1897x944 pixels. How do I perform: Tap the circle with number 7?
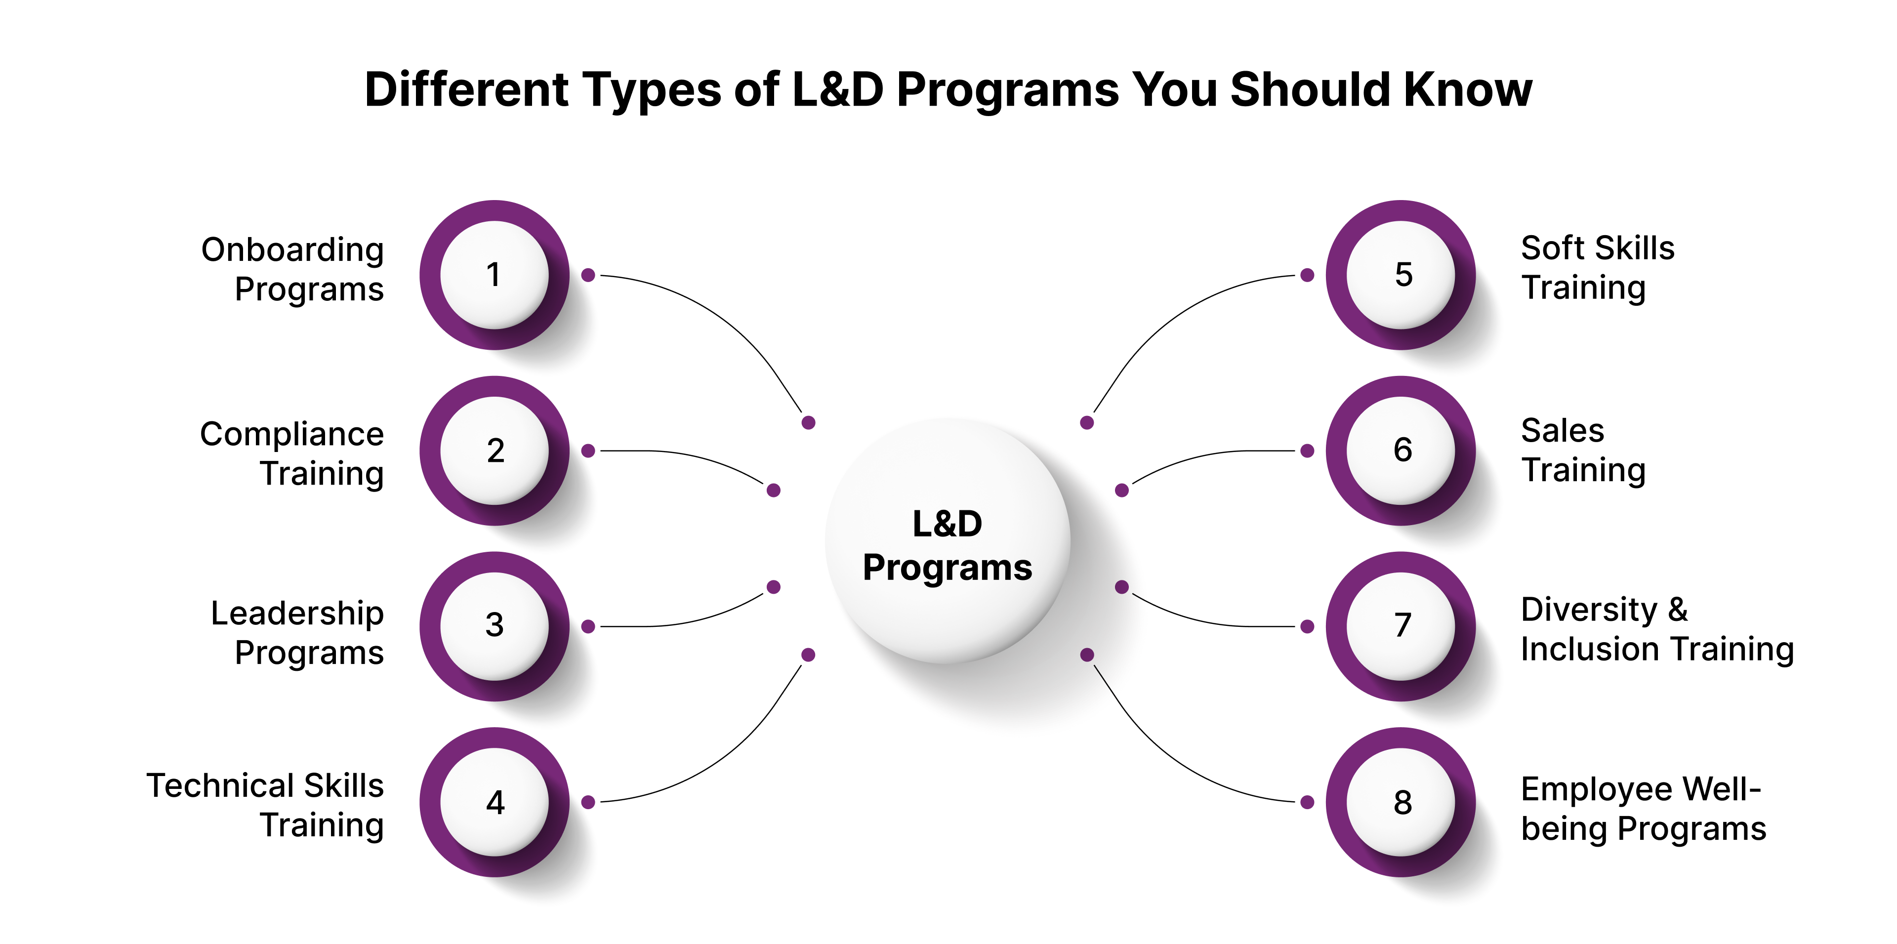1402,626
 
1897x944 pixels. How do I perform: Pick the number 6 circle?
1402,450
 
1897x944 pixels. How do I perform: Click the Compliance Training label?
293,453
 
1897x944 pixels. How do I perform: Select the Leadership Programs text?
297,632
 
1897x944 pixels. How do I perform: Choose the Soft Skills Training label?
1597,267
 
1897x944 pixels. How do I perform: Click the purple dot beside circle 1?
588,275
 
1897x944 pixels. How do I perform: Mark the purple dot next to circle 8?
1307,802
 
